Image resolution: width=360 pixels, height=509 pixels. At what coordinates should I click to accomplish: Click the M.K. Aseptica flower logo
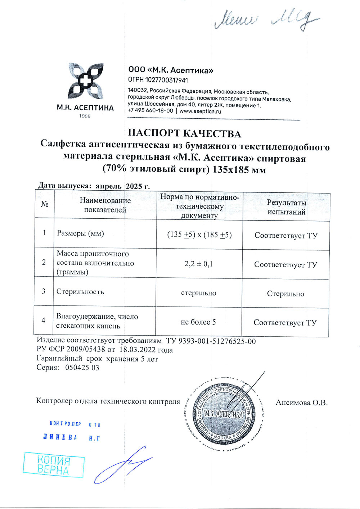click(86, 81)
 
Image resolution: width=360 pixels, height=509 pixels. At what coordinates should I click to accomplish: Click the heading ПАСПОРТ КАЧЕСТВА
click(184, 133)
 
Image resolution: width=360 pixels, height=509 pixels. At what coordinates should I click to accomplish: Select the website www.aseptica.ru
click(200, 111)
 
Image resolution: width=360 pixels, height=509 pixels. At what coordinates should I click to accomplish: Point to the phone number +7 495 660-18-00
click(150, 111)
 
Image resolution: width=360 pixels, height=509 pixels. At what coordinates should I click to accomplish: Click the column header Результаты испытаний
click(286, 207)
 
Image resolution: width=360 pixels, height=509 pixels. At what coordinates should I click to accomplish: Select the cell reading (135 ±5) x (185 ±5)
click(199, 235)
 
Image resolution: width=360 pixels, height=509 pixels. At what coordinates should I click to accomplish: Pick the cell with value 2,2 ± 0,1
click(199, 264)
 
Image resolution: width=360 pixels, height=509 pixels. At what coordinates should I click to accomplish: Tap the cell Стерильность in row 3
click(80, 291)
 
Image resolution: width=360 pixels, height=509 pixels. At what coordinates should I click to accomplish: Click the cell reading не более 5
click(198, 322)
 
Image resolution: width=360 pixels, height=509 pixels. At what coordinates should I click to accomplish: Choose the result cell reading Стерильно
click(285, 294)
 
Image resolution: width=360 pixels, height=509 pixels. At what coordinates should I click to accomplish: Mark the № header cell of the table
click(45, 204)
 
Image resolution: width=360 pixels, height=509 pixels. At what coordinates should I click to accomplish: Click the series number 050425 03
click(82, 368)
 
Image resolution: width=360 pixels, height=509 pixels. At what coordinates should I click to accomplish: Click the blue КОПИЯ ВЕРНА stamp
click(53, 465)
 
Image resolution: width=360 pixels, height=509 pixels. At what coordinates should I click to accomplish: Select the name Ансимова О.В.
click(302, 403)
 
